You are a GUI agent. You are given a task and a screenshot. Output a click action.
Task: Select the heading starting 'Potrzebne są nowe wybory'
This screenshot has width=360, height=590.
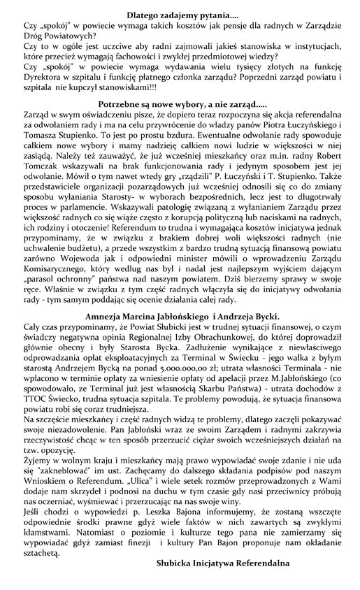point(180,103)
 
